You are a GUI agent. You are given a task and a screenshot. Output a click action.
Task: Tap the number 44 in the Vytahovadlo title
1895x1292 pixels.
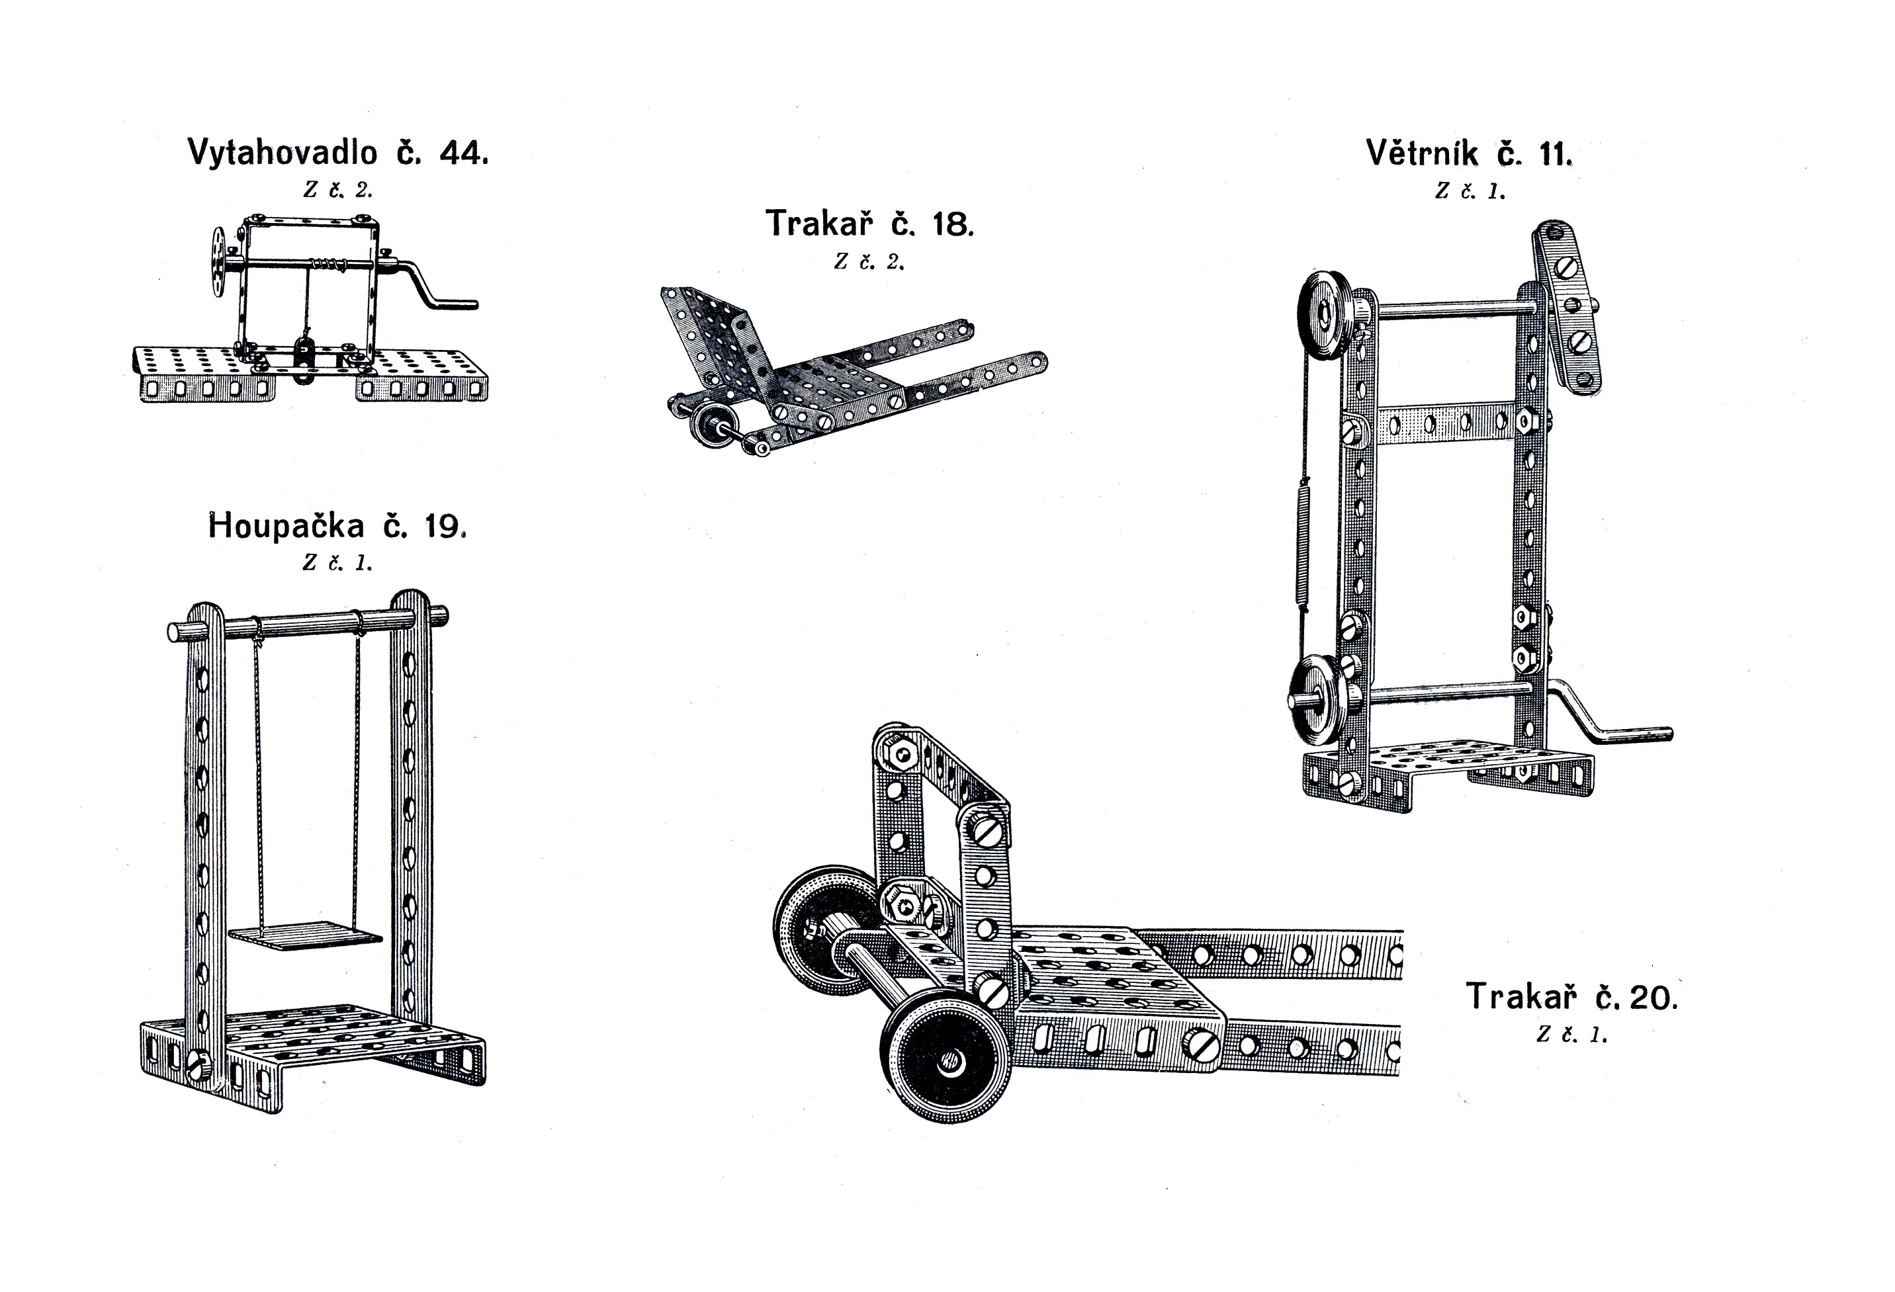click(x=463, y=152)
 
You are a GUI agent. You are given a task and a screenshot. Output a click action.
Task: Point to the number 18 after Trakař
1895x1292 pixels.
click(x=952, y=224)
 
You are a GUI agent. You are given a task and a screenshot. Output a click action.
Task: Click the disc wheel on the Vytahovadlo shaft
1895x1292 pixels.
click(x=218, y=263)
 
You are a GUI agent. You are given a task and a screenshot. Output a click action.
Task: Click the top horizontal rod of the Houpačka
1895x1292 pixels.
click(x=308, y=625)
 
